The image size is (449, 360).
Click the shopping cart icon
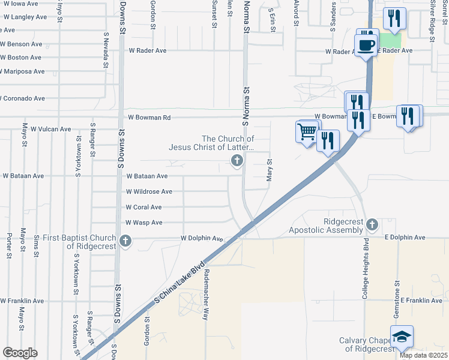click(x=307, y=131)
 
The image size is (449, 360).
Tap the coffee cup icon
click(x=366, y=44)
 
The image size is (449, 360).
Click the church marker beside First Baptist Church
click(x=125, y=241)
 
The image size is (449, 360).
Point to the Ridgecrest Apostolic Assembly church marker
click(x=372, y=224)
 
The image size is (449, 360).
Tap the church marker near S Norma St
click(x=237, y=160)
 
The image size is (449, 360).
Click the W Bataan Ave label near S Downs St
click(x=146, y=176)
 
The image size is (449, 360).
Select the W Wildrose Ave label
click(x=149, y=192)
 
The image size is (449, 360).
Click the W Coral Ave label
click(x=143, y=207)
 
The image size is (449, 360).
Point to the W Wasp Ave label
click(x=143, y=223)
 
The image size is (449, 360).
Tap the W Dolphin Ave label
click(x=202, y=239)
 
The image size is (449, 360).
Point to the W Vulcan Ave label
click(x=50, y=129)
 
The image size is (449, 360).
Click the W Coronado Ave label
click(x=23, y=98)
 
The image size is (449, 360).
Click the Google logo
click(x=20, y=353)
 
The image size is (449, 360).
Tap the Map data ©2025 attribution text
click(x=423, y=355)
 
